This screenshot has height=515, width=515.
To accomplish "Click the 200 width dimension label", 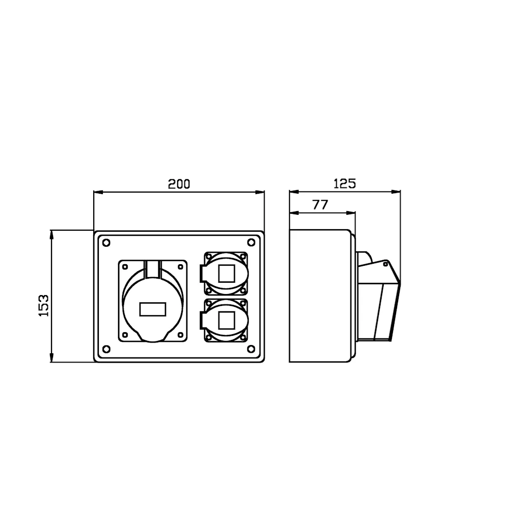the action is click(179, 184).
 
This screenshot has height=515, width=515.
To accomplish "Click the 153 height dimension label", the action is click(44, 305).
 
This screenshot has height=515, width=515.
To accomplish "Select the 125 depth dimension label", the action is click(345, 184).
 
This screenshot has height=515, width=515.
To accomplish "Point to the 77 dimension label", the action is click(320, 205).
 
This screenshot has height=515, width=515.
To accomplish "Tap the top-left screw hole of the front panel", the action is click(107, 243).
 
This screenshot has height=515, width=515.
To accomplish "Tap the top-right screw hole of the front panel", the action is click(251, 243).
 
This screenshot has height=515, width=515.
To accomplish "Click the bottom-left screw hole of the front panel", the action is click(107, 349).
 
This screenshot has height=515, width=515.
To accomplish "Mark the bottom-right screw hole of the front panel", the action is click(251, 349).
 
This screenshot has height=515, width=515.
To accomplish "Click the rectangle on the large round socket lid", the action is click(153, 310).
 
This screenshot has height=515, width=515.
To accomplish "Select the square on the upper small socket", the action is click(227, 273).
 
